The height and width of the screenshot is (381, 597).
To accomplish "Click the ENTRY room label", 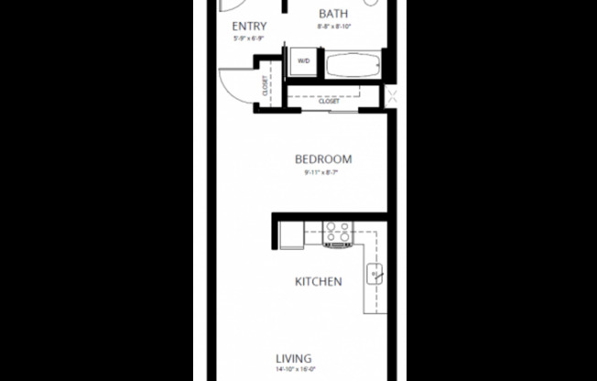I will coord(250,26).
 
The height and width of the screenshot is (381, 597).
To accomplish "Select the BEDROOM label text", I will coord(322,159).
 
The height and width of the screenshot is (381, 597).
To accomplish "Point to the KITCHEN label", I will coord(318,281).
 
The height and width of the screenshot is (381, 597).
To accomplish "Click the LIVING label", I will coord(293,358).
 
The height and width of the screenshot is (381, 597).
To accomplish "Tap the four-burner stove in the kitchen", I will coord(336,234).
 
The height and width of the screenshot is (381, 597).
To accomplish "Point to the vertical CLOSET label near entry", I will coord(266,86).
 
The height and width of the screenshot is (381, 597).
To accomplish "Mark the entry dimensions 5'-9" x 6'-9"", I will coord(250,38).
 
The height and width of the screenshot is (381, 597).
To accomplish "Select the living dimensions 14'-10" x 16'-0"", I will coord(293,370).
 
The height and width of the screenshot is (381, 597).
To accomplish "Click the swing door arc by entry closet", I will coord(236,85).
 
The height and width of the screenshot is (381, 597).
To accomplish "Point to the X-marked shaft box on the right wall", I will coord(392,96).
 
